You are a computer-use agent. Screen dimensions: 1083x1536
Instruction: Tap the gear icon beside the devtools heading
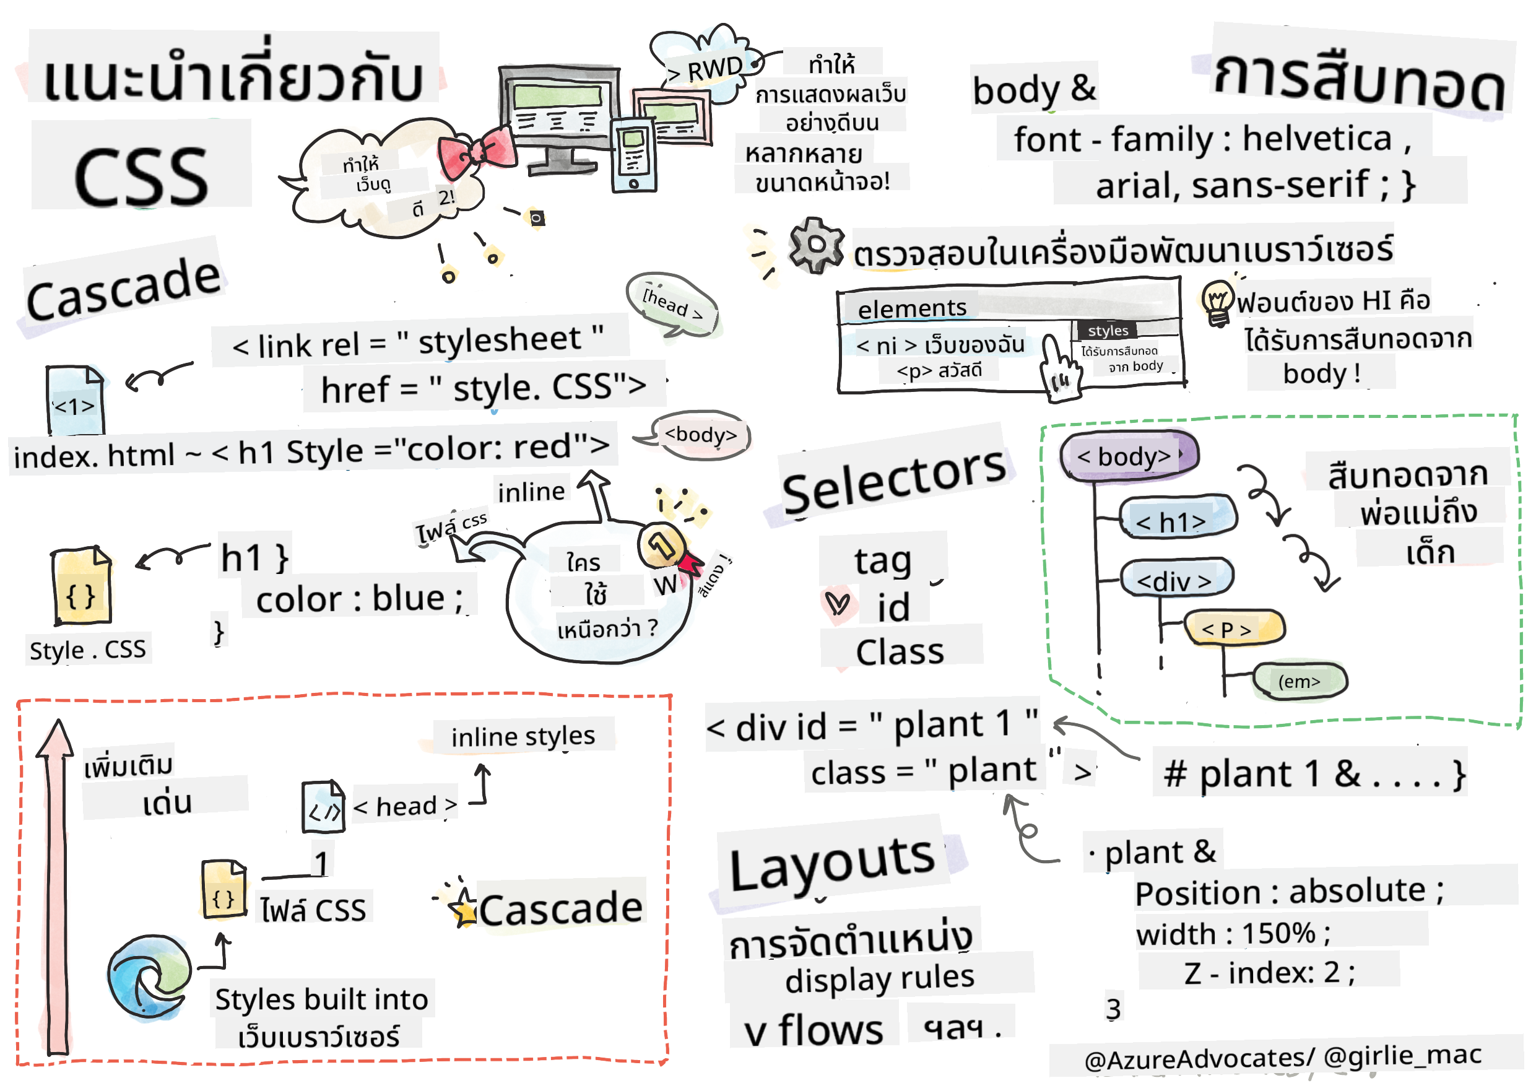(815, 245)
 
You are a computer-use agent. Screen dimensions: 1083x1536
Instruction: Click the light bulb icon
(1217, 302)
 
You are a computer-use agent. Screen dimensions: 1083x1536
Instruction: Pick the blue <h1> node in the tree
(1177, 520)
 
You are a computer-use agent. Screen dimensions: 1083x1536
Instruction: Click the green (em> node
(1299, 682)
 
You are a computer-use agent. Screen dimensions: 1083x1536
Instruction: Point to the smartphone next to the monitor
(633, 155)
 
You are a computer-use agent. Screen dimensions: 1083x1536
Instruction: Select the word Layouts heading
(832, 865)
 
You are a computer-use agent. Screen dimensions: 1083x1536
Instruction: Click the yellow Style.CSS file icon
(82, 586)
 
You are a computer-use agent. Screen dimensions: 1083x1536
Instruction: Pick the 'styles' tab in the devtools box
(1107, 331)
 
